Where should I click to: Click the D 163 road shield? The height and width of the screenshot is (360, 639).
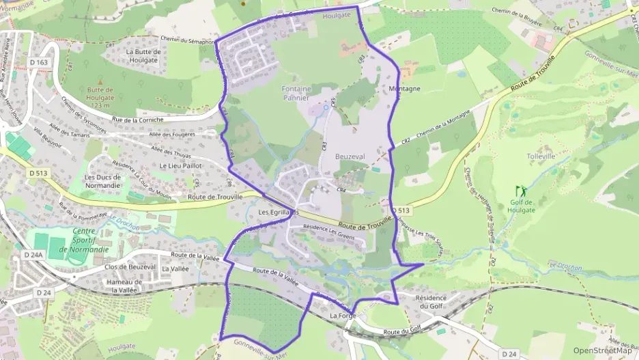pyautogui.click(x=40, y=63)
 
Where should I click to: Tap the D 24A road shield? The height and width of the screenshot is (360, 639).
pyautogui.click(x=33, y=254)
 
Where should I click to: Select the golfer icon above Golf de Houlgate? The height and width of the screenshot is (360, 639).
pyautogui.click(x=520, y=190)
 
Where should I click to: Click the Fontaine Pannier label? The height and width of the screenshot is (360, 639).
pyautogui.click(x=296, y=93)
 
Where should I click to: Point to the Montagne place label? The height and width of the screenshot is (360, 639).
pyautogui.click(x=403, y=89)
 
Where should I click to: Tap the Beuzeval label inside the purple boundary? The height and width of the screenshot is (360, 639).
pyautogui.click(x=350, y=156)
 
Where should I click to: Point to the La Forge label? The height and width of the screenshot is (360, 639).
pyautogui.click(x=343, y=316)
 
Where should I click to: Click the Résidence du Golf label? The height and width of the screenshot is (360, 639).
pyautogui.click(x=431, y=302)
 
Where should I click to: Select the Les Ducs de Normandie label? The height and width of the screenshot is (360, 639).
pyautogui.click(x=103, y=182)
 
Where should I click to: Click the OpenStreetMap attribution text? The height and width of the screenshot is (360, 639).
pyautogui.click(x=602, y=351)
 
